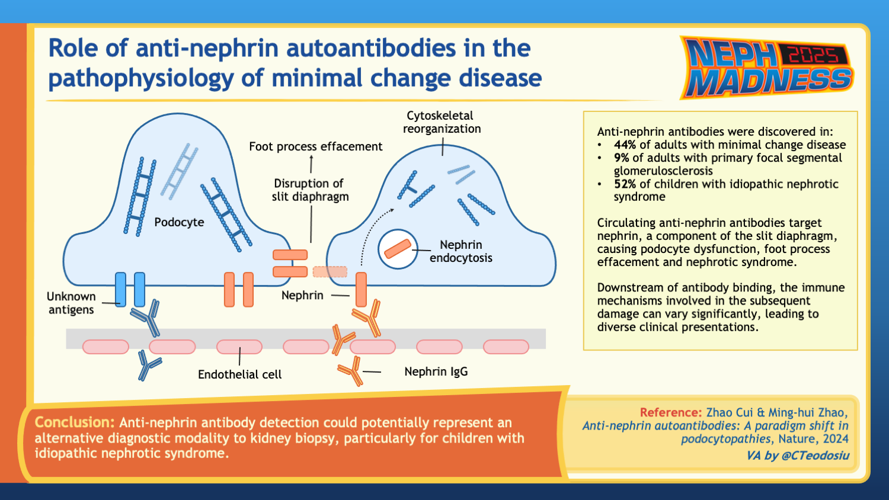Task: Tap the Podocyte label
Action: click(179, 222)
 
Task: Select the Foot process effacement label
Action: click(315, 146)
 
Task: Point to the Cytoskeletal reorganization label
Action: click(442, 122)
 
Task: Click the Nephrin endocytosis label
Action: click(461, 251)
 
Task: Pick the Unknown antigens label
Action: click(71, 303)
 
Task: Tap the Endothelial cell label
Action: click(239, 374)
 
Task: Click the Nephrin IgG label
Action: click(436, 371)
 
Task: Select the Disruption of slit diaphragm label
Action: click(310, 190)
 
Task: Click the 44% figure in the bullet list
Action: click(625, 145)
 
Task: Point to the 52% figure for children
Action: click(625, 184)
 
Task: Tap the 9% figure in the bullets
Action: click(621, 158)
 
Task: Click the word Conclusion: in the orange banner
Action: click(74, 422)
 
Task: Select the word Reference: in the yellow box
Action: click(670, 412)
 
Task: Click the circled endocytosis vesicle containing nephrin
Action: click(398, 249)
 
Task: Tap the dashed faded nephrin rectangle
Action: click(330, 271)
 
